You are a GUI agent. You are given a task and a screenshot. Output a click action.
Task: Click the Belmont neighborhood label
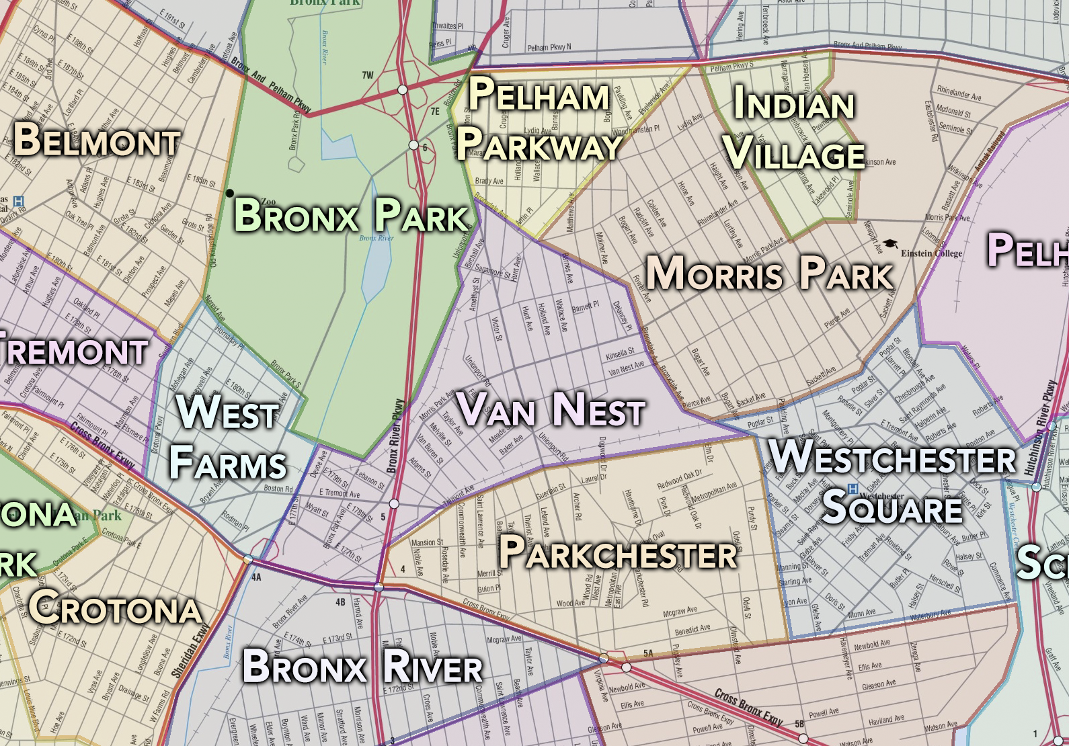97,140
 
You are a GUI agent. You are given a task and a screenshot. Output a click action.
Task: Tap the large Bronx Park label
351,215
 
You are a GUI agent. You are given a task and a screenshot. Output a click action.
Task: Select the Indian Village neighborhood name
795,129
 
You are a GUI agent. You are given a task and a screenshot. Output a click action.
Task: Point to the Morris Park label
770,274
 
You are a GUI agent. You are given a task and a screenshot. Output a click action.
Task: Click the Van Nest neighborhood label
551,409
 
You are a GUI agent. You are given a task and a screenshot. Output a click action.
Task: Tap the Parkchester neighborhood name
618,553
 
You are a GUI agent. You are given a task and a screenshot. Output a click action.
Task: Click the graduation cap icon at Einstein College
890,245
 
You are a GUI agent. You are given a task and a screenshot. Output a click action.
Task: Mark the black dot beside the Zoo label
230,194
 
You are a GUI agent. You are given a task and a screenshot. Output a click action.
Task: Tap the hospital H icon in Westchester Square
853,489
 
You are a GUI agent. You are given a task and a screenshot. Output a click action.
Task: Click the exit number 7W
368,75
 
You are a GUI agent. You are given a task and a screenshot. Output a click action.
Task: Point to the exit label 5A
648,653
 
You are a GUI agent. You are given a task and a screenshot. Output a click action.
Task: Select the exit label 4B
340,602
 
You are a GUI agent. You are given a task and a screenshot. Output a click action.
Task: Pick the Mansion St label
427,542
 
